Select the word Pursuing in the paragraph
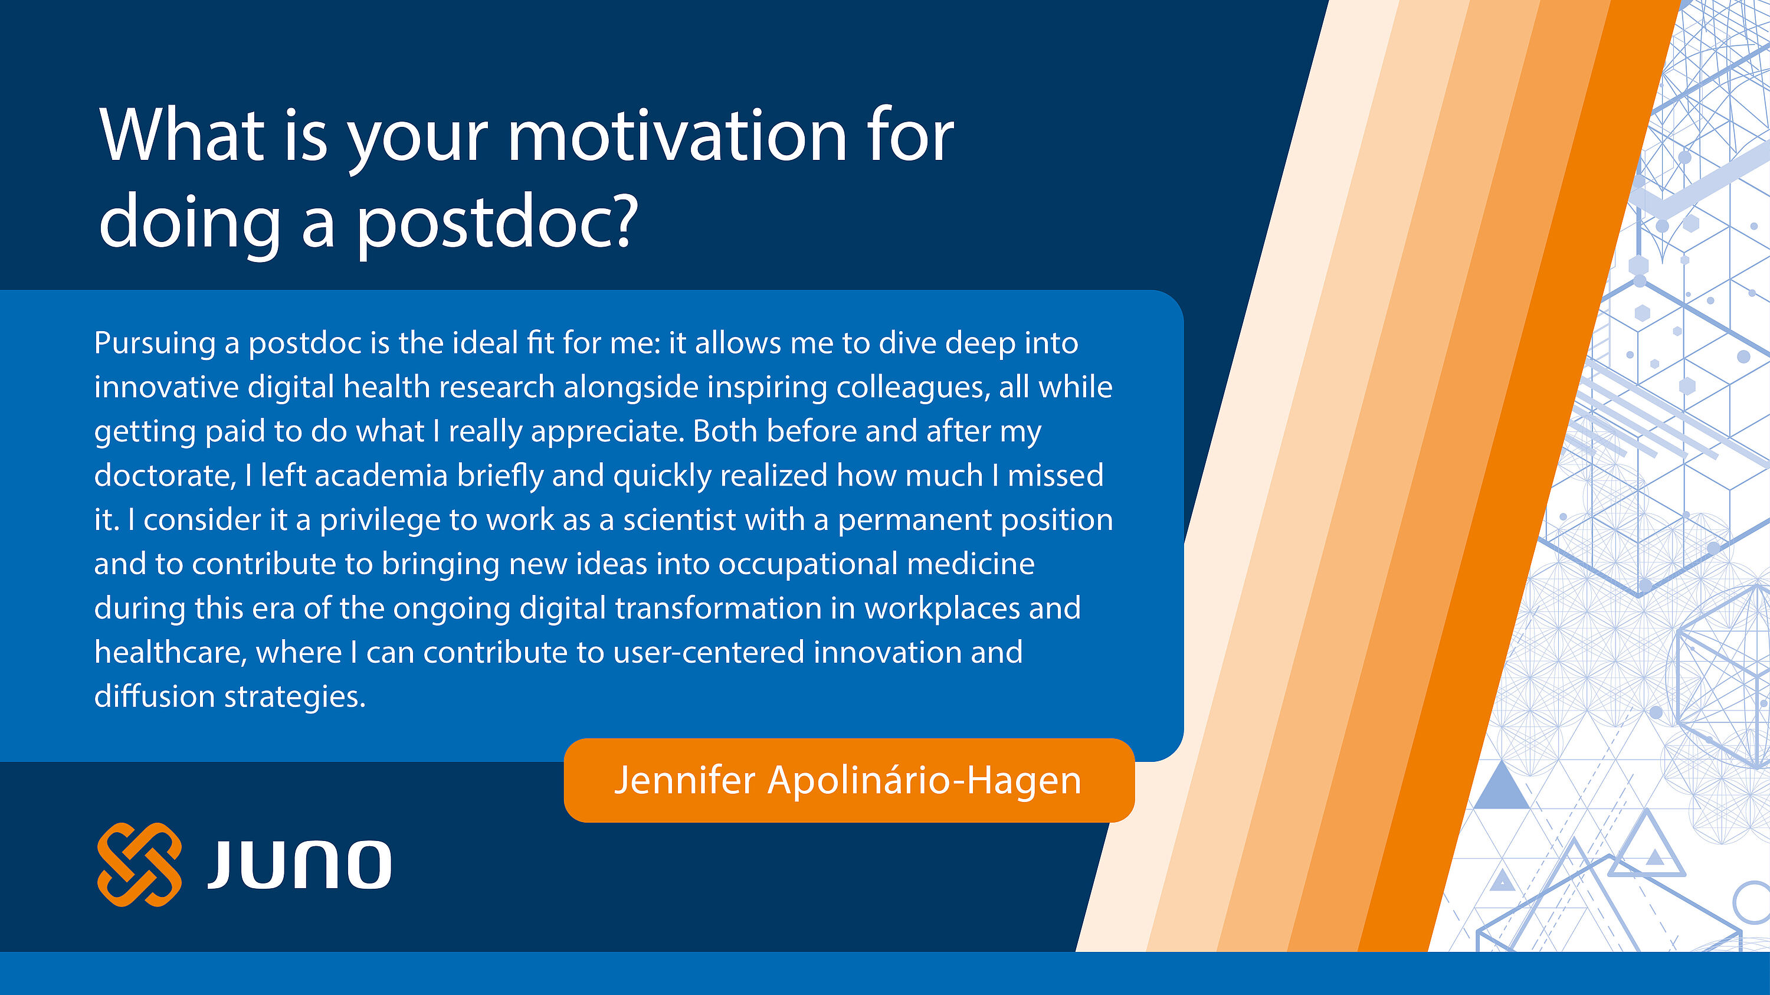pos(155,343)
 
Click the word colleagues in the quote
pos(913,388)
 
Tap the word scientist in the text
pos(680,520)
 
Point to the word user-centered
pos(709,653)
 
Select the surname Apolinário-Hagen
pos(924,781)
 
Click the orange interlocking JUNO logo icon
pos(139,865)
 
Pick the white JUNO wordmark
pos(299,865)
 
